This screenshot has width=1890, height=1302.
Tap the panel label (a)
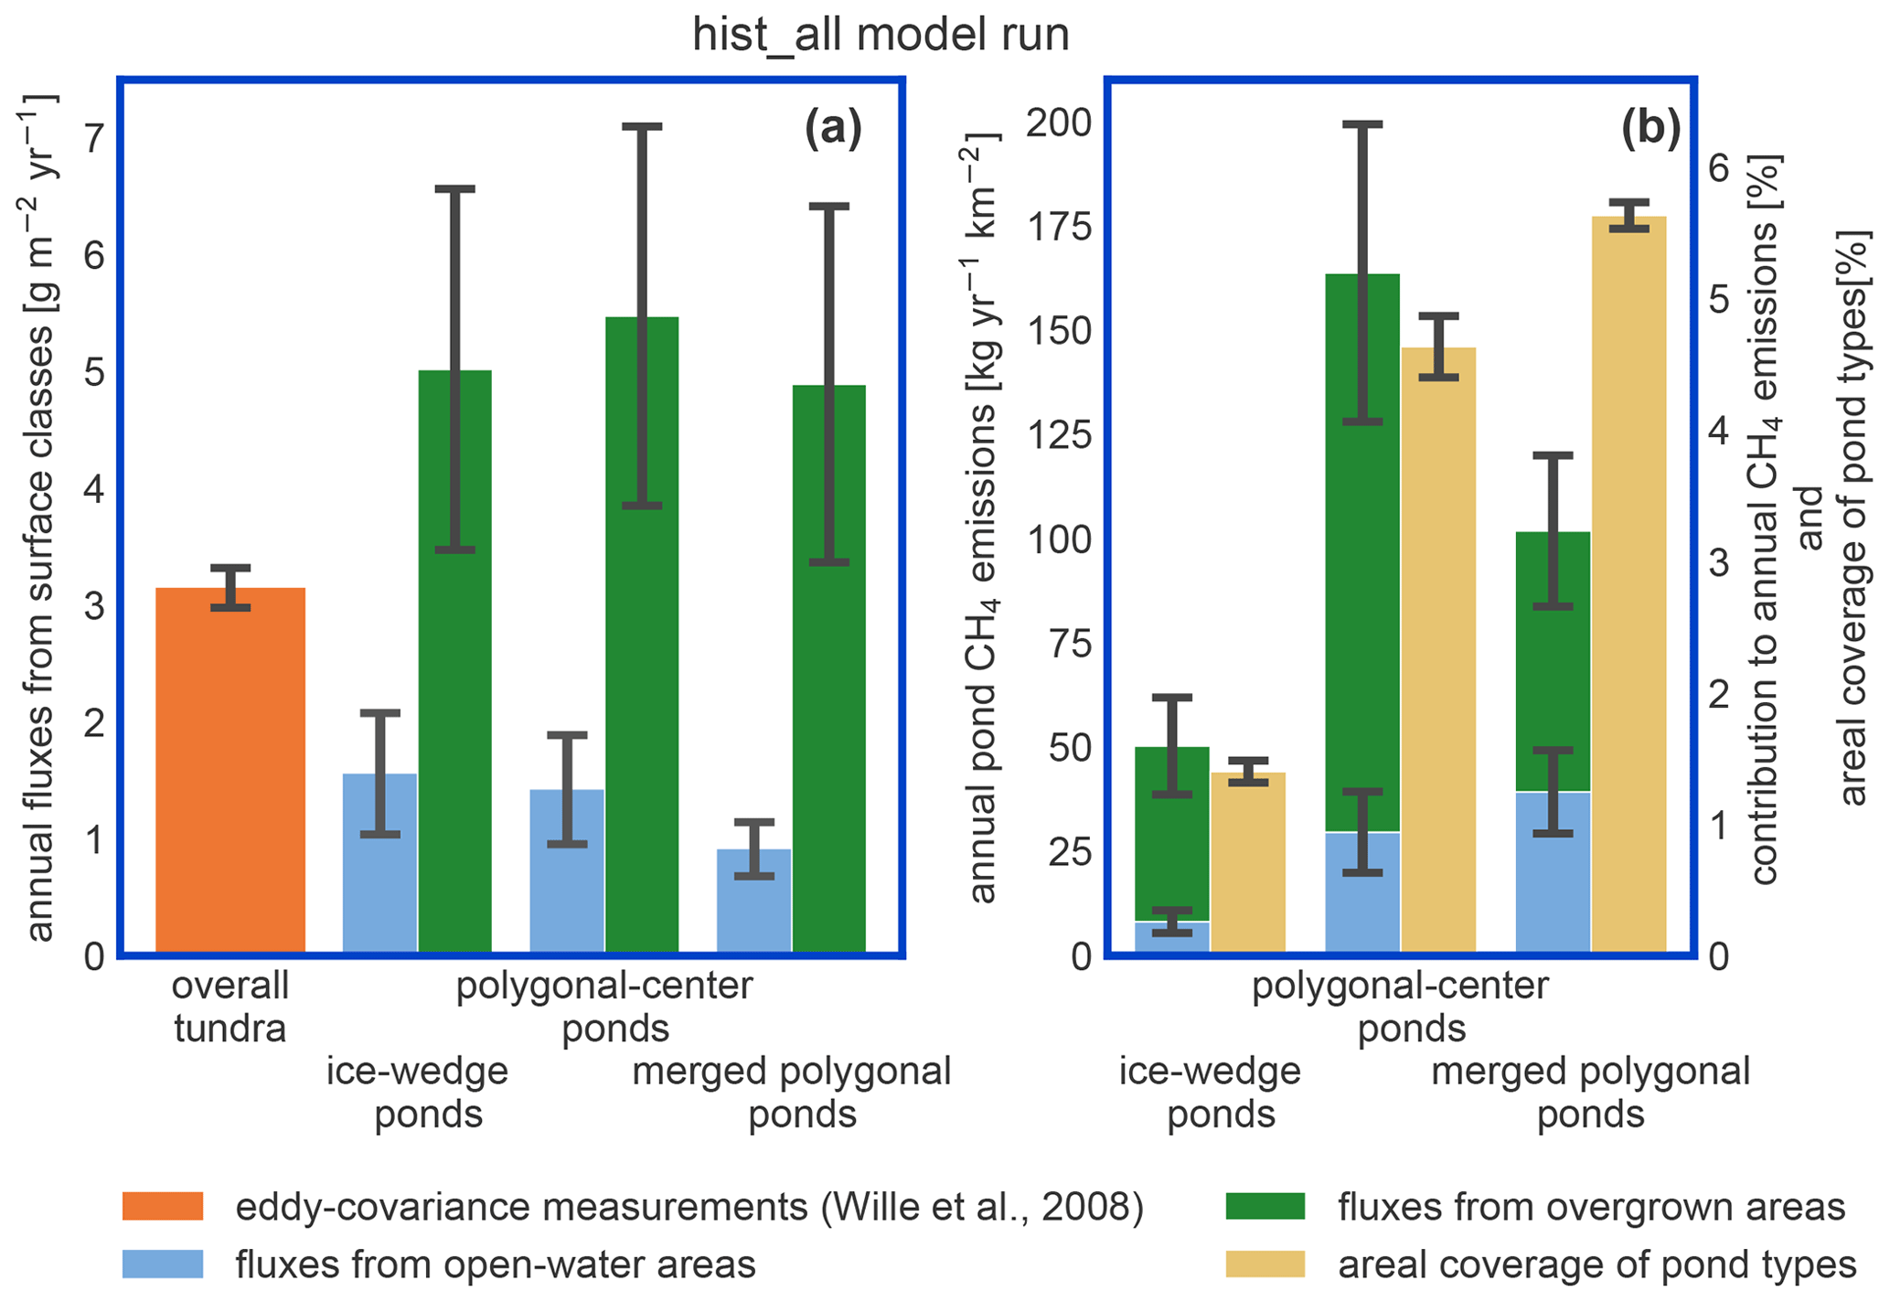tap(833, 129)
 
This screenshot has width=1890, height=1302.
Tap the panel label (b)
tap(1650, 129)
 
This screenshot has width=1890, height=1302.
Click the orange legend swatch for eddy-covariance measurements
tap(163, 1207)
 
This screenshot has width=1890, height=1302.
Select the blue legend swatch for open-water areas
tap(163, 1265)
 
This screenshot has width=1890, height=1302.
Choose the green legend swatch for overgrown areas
tap(1265, 1207)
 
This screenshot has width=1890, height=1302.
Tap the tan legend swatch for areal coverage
tap(1265, 1265)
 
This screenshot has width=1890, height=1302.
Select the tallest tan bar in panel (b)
tap(1628, 585)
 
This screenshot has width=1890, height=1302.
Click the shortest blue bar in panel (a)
tap(754, 901)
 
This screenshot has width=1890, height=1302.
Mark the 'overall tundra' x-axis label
tap(230, 1007)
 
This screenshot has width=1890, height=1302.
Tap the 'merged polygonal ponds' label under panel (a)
tap(792, 1093)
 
